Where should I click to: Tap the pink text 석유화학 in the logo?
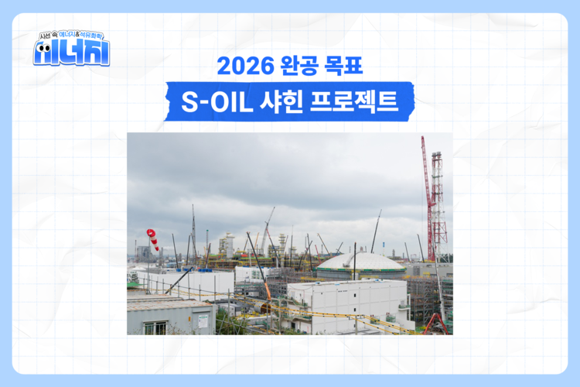click(x=94, y=36)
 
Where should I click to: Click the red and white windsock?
click(x=152, y=238)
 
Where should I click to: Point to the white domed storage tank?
click(x=360, y=265)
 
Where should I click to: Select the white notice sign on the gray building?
click(x=203, y=319)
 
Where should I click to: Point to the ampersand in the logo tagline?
click(x=80, y=36)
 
